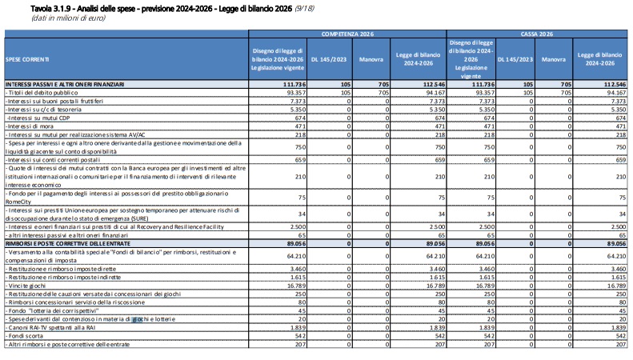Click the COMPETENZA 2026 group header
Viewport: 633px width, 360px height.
(347, 34)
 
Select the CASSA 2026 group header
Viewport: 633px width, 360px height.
(536, 34)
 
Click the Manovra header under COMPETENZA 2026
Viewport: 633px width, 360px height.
(371, 59)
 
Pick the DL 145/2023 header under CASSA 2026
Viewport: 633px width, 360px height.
(515, 59)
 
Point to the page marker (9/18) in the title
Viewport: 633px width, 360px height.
(304, 9)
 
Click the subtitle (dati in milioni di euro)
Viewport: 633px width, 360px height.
(68, 18)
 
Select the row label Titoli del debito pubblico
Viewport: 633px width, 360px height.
(42, 93)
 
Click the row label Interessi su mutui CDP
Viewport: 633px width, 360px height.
(38, 118)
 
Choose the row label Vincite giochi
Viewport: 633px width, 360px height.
(26, 286)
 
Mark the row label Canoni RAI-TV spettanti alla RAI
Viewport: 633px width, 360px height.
(50, 328)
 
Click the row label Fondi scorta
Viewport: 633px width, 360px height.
(24, 336)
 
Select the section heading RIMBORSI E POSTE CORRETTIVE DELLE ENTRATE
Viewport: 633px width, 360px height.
(68, 244)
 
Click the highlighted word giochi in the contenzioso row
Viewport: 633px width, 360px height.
(138, 319)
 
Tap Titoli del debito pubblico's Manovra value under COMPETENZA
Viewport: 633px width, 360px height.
(383, 93)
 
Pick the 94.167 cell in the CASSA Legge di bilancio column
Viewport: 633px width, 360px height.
(616, 93)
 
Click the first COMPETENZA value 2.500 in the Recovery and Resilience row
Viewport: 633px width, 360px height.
(298, 227)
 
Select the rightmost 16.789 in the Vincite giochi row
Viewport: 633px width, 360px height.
(616, 286)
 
